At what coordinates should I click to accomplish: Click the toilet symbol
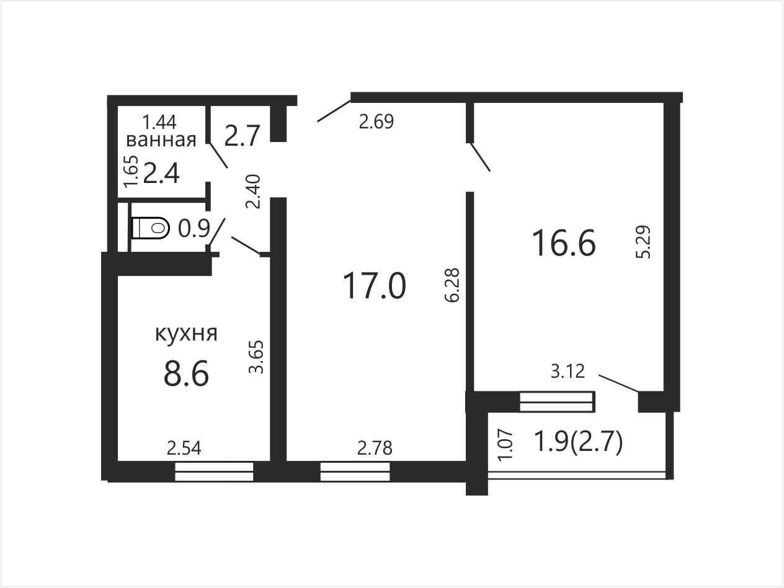click(x=150, y=228)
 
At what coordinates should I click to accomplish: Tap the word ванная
click(x=161, y=140)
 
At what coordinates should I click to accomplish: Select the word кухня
click(x=186, y=334)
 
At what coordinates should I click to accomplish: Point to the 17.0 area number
click(x=374, y=285)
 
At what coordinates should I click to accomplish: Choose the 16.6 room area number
click(x=564, y=243)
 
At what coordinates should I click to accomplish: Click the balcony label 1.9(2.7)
click(x=577, y=442)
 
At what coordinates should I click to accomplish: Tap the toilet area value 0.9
click(x=194, y=229)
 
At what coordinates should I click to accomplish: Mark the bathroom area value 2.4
click(x=161, y=173)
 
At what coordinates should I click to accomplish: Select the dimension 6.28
click(x=452, y=285)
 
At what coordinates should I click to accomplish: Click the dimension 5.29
click(x=644, y=242)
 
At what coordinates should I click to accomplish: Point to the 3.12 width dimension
click(x=568, y=372)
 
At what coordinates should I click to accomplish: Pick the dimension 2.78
click(x=375, y=448)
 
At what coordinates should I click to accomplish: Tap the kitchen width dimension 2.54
click(x=184, y=448)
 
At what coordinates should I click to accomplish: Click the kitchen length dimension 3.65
click(x=256, y=357)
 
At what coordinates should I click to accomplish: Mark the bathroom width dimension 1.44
click(x=159, y=122)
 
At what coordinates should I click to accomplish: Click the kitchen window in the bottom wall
click(x=214, y=471)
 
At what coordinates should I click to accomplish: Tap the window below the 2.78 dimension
click(x=355, y=471)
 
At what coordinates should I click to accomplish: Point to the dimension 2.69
click(x=376, y=122)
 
